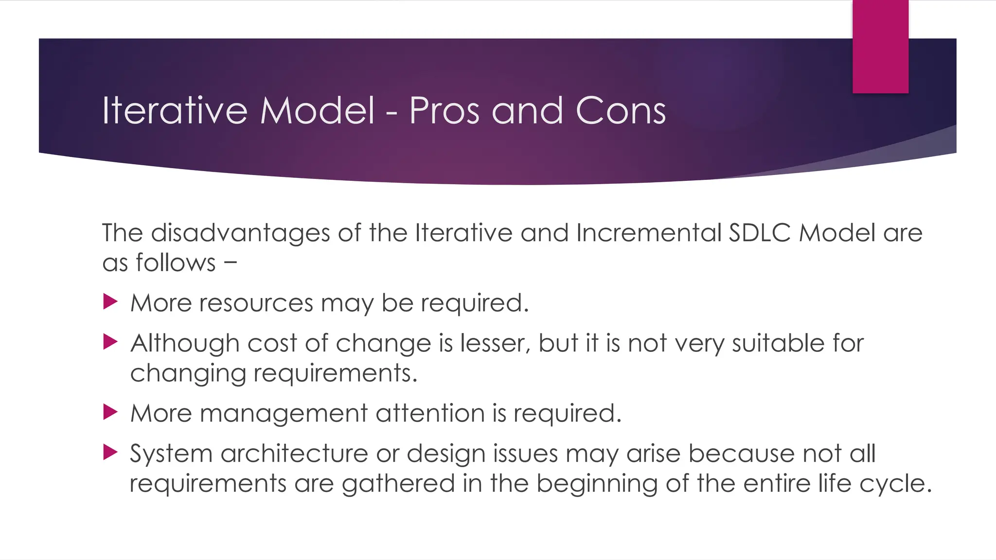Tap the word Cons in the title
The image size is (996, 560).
pos(621,111)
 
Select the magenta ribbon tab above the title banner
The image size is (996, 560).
pos(880,47)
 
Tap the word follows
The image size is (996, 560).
pos(175,263)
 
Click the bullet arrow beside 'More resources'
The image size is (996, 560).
pos(110,302)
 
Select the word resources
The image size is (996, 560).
pos(256,303)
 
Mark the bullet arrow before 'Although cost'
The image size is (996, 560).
pos(110,342)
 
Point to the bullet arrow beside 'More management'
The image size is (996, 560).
pos(110,412)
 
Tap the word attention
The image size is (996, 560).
pos(430,413)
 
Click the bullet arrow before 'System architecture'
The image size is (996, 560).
pos(110,453)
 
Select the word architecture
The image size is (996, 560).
pos(294,454)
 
